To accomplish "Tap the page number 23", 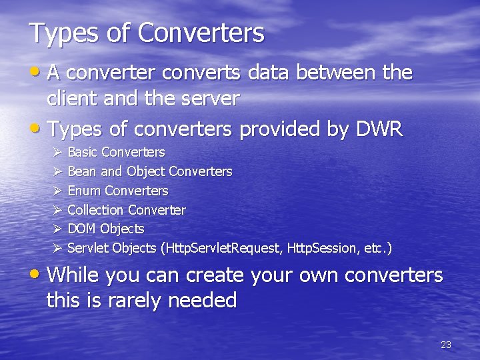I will (x=446, y=345).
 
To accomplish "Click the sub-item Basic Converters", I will (x=116, y=153).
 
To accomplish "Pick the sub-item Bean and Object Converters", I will (x=150, y=172).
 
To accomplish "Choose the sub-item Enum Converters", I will (x=118, y=191).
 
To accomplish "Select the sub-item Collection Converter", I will (x=127, y=210).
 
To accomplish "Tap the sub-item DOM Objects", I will (x=106, y=229).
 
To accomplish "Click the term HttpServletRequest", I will (x=223, y=248).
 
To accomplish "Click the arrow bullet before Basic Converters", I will (x=57, y=153).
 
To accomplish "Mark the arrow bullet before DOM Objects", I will (x=57, y=229).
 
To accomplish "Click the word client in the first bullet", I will (x=70, y=99).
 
